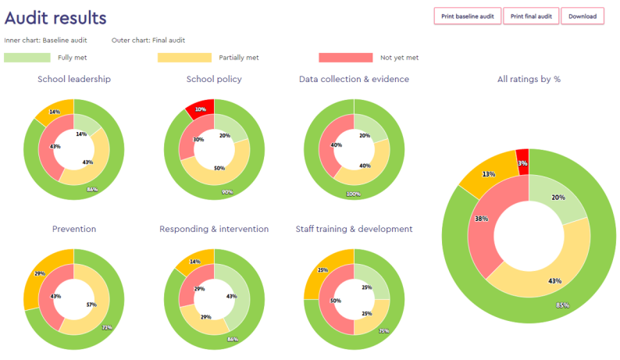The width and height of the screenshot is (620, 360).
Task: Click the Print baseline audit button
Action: pyautogui.click(x=467, y=16)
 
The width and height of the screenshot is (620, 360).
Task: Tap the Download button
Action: pyautogui.click(x=582, y=16)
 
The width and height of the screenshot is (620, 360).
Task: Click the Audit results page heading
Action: pyautogui.click(x=55, y=17)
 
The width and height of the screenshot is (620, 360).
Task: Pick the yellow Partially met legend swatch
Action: pyautogui.click(x=184, y=58)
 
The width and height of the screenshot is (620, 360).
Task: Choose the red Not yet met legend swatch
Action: pyautogui.click(x=345, y=58)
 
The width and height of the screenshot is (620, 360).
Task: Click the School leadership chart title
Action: pyautogui.click(x=74, y=79)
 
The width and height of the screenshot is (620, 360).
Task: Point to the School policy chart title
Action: pyautogui.click(x=214, y=79)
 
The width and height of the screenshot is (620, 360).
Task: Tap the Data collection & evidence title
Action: pyautogui.click(x=354, y=79)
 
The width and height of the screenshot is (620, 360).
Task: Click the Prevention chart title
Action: pyautogui.click(x=74, y=229)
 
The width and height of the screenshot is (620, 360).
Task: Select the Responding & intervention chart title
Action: pyautogui.click(x=214, y=229)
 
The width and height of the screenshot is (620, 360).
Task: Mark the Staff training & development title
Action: pyautogui.click(x=354, y=229)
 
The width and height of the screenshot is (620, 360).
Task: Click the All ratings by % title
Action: pyautogui.click(x=529, y=79)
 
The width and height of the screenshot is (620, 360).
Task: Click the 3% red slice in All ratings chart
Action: pyautogui.click(x=522, y=162)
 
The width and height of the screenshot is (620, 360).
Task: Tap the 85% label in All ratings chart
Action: pyautogui.click(x=540, y=305)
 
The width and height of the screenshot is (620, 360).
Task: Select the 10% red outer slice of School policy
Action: pyautogui.click(x=200, y=109)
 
